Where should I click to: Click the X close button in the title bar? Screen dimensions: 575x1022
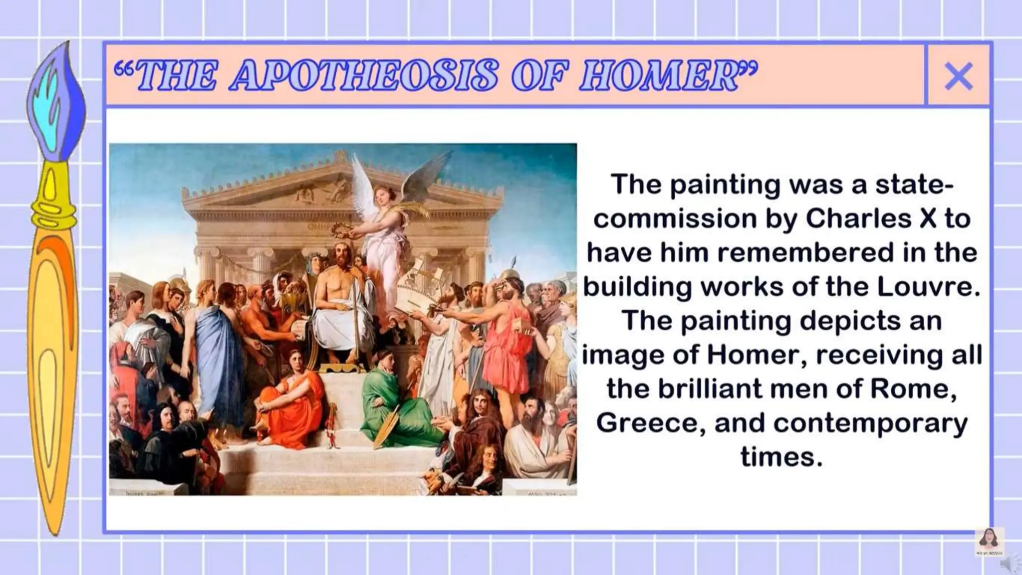pyautogui.click(x=958, y=76)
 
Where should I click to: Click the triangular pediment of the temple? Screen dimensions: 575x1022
pyautogui.click(x=319, y=190)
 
